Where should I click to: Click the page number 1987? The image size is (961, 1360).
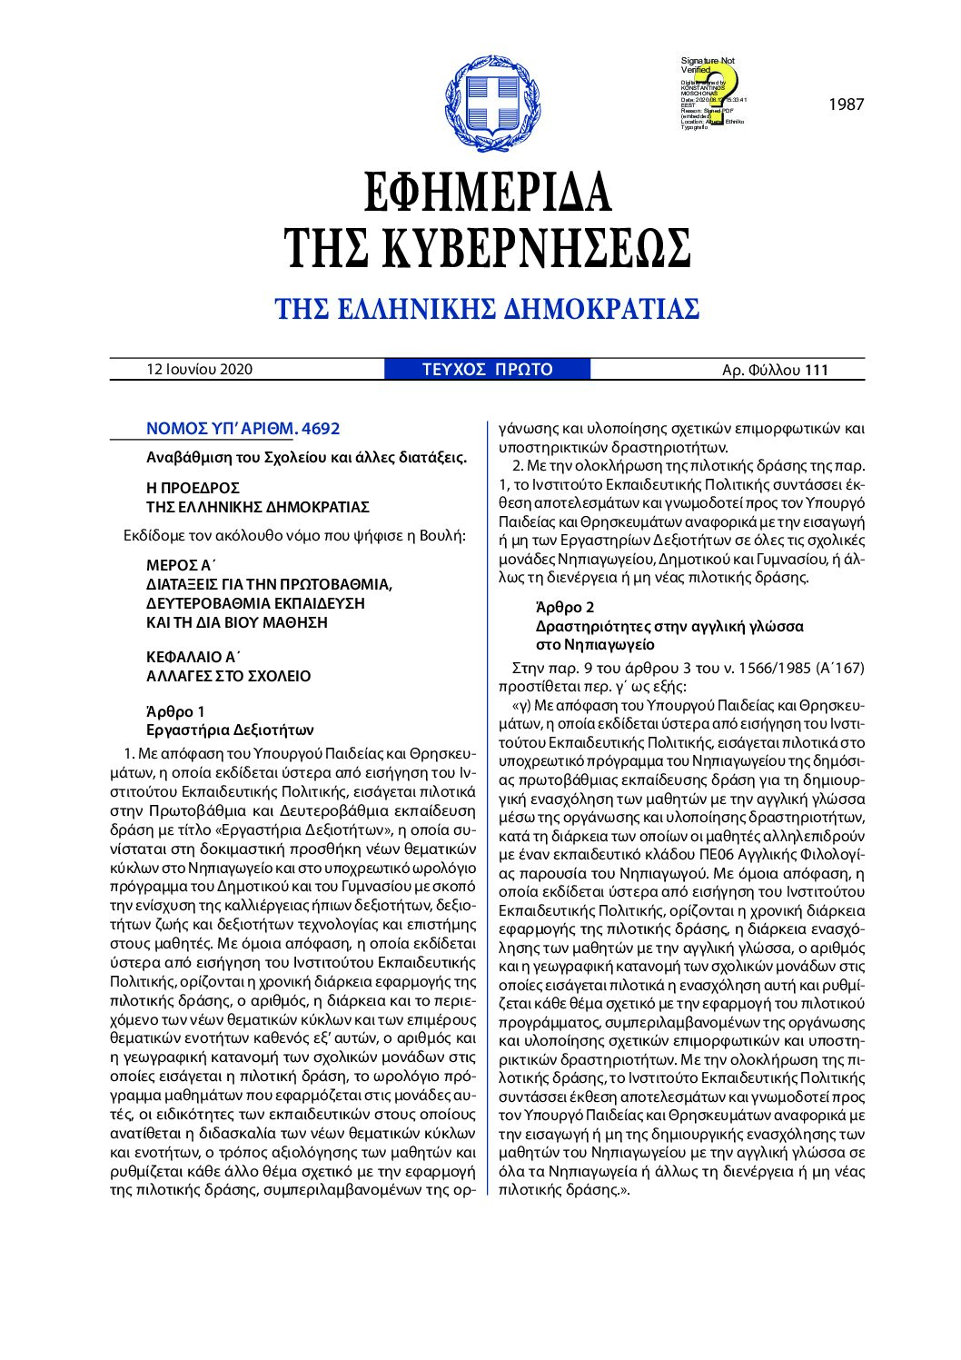click(x=846, y=104)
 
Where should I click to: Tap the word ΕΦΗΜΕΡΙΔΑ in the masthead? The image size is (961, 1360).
click(x=487, y=192)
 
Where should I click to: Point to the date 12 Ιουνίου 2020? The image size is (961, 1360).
click(x=200, y=369)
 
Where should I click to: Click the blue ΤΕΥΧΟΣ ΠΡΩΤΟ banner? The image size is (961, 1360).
click(x=487, y=369)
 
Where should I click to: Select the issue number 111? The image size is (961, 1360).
click(x=817, y=370)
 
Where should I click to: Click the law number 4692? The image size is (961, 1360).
click(x=320, y=429)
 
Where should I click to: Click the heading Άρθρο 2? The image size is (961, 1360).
click(x=565, y=607)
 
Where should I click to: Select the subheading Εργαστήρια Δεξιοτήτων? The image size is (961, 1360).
click(x=230, y=730)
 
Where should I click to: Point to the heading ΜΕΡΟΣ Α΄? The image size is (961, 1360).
click(x=179, y=565)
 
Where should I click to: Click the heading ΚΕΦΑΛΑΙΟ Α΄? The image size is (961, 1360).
click(x=193, y=657)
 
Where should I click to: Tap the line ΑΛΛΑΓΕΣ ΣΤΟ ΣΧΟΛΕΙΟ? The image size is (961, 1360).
click(x=228, y=676)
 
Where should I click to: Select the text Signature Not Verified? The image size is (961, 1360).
click(x=708, y=65)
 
